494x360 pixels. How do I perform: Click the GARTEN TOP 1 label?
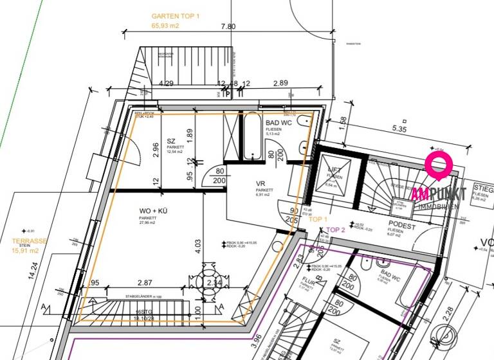click(176, 15)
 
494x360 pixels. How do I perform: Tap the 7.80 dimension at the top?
click(228, 26)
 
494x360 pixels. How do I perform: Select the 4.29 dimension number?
click(167, 84)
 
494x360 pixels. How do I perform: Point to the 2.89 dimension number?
click(280, 84)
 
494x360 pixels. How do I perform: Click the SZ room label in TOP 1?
click(171, 141)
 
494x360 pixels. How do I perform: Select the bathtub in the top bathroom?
click(250, 137)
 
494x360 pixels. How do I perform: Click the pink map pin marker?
click(439, 166)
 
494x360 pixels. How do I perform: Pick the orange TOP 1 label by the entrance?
click(318, 219)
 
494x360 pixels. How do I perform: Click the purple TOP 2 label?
click(336, 230)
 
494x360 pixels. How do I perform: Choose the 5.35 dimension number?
click(400, 129)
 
